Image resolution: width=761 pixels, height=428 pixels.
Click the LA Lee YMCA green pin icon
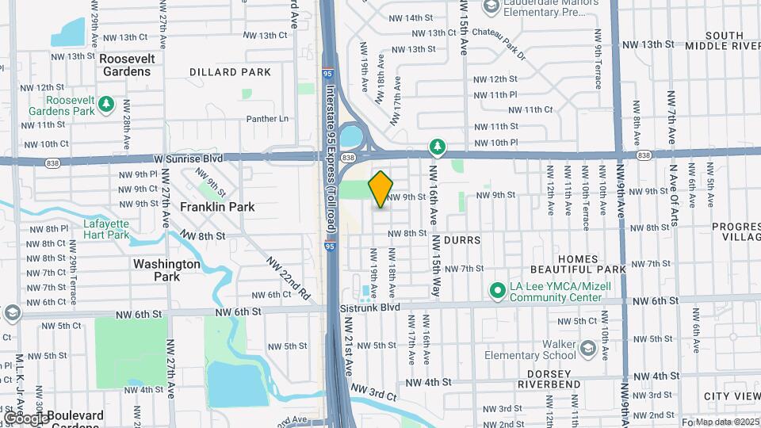[x=498, y=292]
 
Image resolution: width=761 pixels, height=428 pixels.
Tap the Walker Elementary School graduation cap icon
[x=587, y=349]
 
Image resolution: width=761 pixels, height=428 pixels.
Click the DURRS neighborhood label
[x=463, y=239]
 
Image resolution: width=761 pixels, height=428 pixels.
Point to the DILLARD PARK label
[x=230, y=72]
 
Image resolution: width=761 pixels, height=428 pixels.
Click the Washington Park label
[x=166, y=269]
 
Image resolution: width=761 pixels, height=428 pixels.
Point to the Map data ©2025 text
[x=727, y=422]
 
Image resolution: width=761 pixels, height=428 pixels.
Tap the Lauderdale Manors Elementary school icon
[x=491, y=6]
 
